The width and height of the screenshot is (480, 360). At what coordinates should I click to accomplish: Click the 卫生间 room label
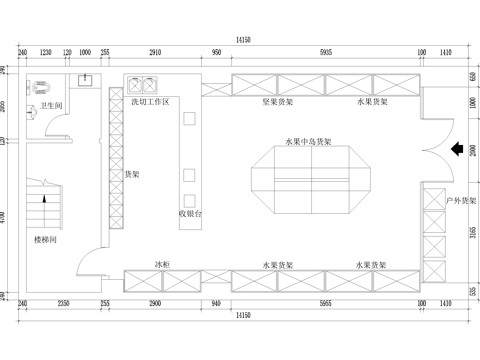pyautogui.click(x=52, y=104)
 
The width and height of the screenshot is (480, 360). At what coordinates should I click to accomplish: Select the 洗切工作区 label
pyautogui.click(x=149, y=102)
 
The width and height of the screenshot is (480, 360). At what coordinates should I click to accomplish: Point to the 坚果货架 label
pyautogui.click(x=277, y=102)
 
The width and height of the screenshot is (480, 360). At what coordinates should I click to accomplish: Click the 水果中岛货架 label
pyautogui.click(x=308, y=142)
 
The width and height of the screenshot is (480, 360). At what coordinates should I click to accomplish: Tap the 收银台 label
pyautogui.click(x=190, y=213)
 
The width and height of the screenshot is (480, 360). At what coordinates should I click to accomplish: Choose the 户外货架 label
pyautogui.click(x=461, y=201)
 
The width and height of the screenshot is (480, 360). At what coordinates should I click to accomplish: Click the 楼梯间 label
pyautogui.click(x=46, y=240)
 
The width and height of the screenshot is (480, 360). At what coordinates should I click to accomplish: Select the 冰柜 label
pyautogui.click(x=162, y=264)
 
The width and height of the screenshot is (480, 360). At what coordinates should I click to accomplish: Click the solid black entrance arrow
pyautogui.click(x=456, y=151)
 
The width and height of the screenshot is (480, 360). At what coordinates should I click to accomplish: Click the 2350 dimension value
pyautogui.click(x=62, y=302)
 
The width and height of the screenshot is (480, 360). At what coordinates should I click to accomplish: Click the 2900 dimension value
pyautogui.click(x=155, y=302)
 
